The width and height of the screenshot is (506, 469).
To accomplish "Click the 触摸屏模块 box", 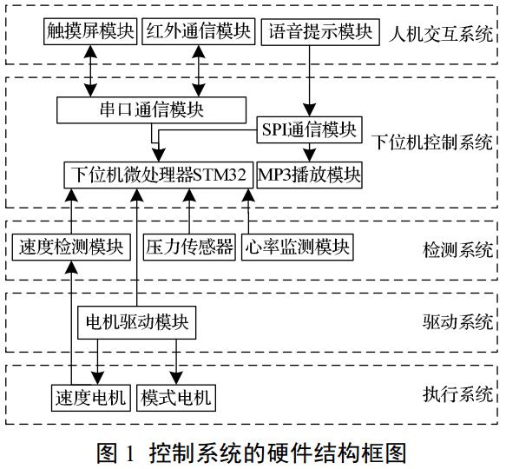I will [89, 33].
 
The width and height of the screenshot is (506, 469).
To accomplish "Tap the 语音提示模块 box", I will [319, 33].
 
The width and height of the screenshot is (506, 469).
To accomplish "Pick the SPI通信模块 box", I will [308, 129].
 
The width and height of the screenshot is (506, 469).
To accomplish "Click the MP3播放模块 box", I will [309, 174].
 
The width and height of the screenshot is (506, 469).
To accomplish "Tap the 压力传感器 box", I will [189, 248].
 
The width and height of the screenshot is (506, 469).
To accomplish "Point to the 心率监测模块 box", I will [297, 248].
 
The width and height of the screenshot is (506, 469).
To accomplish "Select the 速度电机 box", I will [89, 398].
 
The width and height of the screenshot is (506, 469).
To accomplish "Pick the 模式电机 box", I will [175, 398].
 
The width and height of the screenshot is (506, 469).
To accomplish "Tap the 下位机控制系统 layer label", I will [431, 142].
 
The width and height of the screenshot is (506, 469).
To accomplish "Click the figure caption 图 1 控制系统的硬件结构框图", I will [252, 452].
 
